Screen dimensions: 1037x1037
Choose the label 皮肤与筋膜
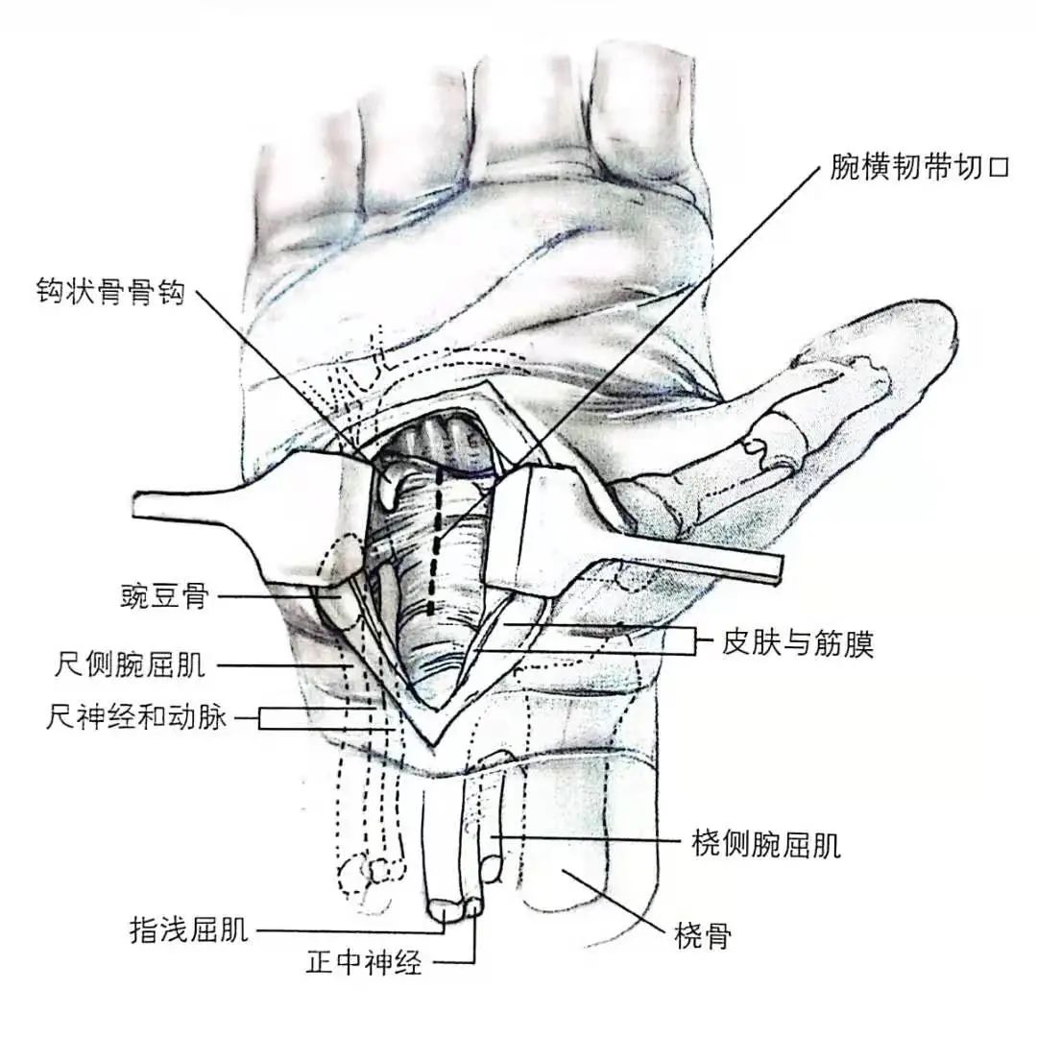(797, 642)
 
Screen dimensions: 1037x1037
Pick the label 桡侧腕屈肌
(765, 845)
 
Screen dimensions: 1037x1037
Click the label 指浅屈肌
(189, 929)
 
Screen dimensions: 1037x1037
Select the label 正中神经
(364, 962)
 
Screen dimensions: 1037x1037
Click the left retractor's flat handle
(192, 509)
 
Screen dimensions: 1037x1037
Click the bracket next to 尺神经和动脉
(261, 717)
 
